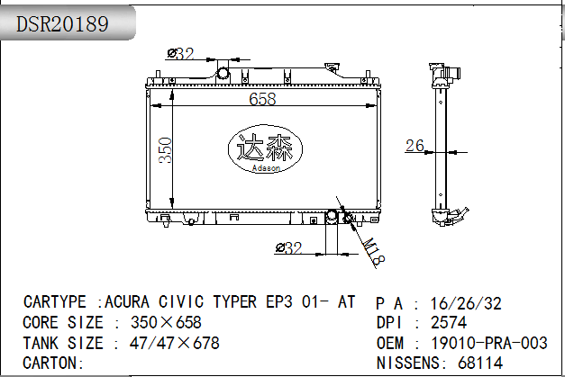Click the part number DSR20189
click(x=62, y=23)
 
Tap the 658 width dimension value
click(x=262, y=99)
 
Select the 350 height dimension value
click(x=166, y=150)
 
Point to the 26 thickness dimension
click(x=415, y=146)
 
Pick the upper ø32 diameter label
click(x=181, y=54)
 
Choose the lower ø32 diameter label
click(x=288, y=247)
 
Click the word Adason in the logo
click(x=266, y=168)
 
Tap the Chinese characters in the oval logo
click(x=265, y=148)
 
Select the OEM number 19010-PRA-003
click(x=489, y=343)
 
